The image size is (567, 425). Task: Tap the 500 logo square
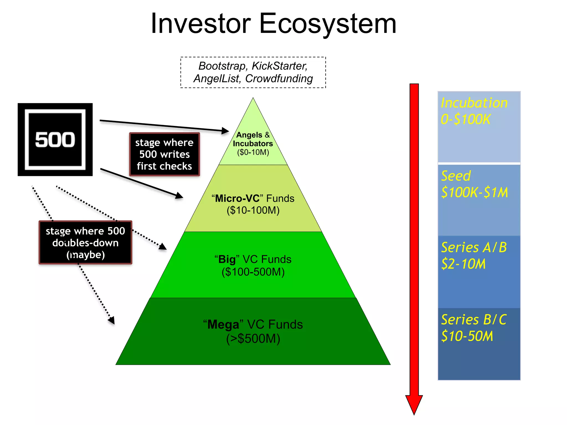click(x=55, y=139)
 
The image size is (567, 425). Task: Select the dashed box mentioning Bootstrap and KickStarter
click(x=253, y=72)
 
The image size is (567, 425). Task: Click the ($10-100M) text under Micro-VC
click(x=253, y=210)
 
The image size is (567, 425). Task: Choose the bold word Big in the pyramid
click(x=227, y=260)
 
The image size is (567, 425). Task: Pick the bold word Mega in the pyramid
click(x=223, y=325)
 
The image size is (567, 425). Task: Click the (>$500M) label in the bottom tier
click(x=253, y=339)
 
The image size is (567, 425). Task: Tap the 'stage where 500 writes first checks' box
click(x=164, y=154)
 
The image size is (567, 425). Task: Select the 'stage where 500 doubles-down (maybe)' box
click(x=85, y=243)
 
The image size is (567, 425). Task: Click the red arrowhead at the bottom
click(x=414, y=404)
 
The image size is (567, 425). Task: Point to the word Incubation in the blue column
click(x=474, y=103)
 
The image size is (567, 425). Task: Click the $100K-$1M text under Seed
click(x=475, y=192)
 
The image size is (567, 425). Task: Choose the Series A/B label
click(x=474, y=247)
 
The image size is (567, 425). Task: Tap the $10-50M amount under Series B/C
click(x=467, y=336)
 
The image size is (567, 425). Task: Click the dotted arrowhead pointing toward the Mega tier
click(x=112, y=320)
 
